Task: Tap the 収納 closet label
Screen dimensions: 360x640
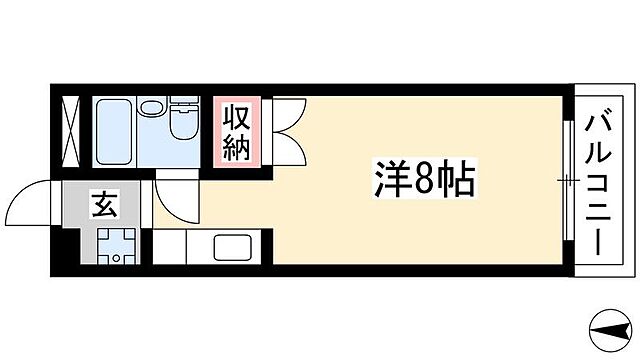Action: coord(236,132)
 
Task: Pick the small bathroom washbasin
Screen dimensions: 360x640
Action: coord(151,107)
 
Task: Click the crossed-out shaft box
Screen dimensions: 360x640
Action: coord(73,130)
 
